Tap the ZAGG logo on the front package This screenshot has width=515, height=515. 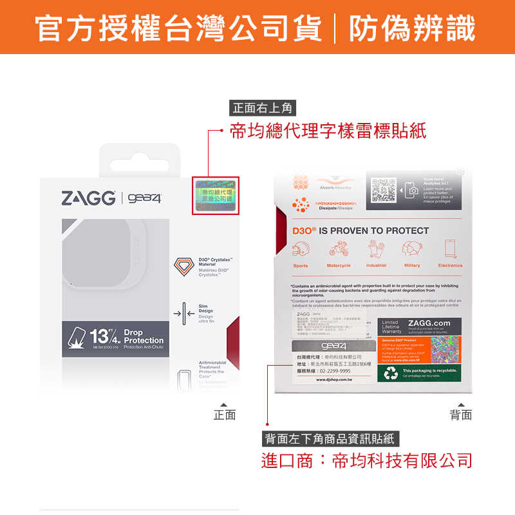88,198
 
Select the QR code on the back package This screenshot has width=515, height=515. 384,190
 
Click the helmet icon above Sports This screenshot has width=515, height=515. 300,248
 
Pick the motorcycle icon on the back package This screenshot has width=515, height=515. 339,248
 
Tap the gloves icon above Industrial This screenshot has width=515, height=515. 376,248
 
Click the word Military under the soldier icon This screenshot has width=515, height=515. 412,265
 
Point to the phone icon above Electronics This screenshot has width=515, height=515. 450,248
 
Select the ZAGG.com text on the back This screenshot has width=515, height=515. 429,323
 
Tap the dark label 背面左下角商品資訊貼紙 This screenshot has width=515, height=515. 331,440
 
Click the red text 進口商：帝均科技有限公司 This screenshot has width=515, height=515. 366,461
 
